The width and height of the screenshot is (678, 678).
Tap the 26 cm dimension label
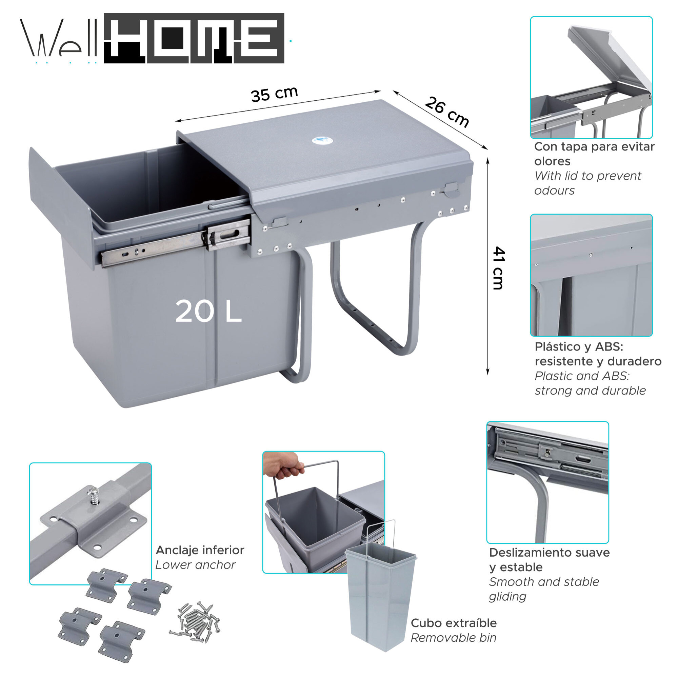pyautogui.click(x=446, y=112)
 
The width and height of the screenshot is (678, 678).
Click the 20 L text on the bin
pyautogui.click(x=208, y=312)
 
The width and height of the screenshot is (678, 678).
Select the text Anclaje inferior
pyautogui.click(x=200, y=550)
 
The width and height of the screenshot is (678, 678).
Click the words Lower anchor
pyautogui.click(x=195, y=565)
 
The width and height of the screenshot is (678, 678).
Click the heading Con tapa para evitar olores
pyautogui.click(x=594, y=154)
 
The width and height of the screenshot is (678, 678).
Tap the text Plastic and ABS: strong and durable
pyautogui.click(x=590, y=383)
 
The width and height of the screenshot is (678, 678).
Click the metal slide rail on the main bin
pyautogui.click(x=154, y=248)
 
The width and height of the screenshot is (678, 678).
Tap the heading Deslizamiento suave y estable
pyautogui.click(x=549, y=560)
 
